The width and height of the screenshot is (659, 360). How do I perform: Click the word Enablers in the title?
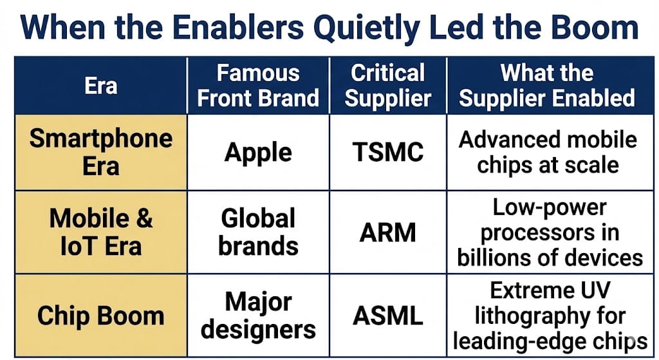pos(238,27)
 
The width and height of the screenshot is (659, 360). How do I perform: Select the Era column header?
pos(101,86)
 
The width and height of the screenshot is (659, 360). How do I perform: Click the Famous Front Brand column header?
pos(258,86)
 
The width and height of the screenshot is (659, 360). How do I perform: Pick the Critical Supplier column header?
pos(388,86)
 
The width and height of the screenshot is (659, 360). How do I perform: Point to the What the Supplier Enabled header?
pos(547,86)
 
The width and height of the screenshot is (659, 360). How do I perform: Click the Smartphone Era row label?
pos(101,152)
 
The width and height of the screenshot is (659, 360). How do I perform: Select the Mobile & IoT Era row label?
pos(101,232)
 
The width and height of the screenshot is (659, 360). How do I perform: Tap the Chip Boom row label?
pos(100,316)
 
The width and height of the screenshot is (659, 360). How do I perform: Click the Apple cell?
pos(258,152)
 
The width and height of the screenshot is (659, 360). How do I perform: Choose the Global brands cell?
pos(258,232)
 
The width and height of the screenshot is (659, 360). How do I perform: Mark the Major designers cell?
pos(258,316)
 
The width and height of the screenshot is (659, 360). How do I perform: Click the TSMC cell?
pos(388,152)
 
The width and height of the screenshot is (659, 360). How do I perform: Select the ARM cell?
pos(388,232)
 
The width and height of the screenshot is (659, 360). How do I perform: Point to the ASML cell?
pos(388,316)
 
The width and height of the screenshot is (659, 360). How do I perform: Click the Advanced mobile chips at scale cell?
pos(548,152)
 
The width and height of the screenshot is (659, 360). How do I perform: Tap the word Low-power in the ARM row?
pos(550,208)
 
